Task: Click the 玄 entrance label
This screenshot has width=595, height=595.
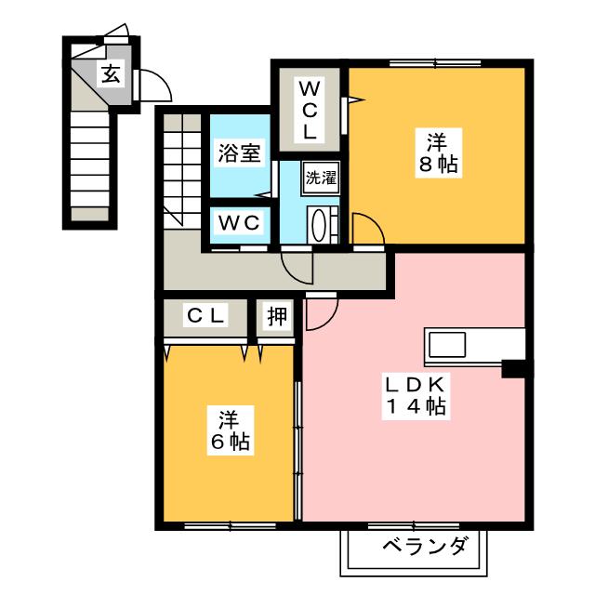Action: point(111,75)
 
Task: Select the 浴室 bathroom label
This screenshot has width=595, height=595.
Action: point(239,153)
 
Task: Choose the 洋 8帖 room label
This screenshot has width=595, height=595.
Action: point(436,154)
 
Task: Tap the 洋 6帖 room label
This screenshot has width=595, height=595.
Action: point(227,430)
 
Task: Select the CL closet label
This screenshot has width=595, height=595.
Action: point(205,316)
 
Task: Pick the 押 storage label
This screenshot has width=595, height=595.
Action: point(277,316)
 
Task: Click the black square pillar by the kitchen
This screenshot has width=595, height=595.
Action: point(513,368)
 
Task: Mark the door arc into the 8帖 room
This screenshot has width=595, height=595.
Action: point(364,230)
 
